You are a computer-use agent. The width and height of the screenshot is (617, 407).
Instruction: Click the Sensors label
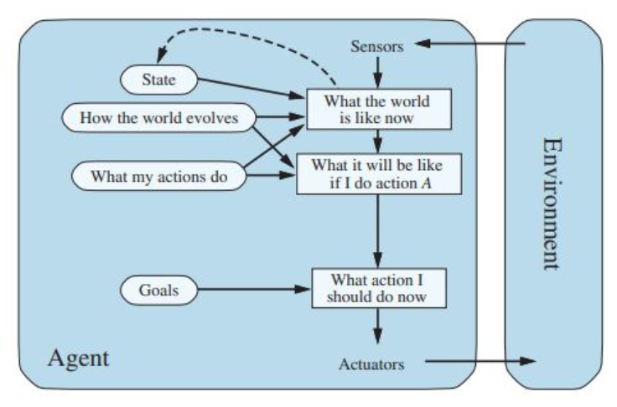pos(377,47)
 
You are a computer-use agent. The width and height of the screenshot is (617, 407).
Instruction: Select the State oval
pos(158,80)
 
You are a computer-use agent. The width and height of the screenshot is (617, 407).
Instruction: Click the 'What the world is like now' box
pos(377,110)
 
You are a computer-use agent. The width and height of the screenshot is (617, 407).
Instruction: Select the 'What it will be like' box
pos(377,173)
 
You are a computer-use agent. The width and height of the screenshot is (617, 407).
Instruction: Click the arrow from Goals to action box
pos(251,291)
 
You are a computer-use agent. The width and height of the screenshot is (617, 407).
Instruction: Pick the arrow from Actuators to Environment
pos(478,363)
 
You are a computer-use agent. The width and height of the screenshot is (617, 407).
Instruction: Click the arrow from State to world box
pos(251,87)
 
